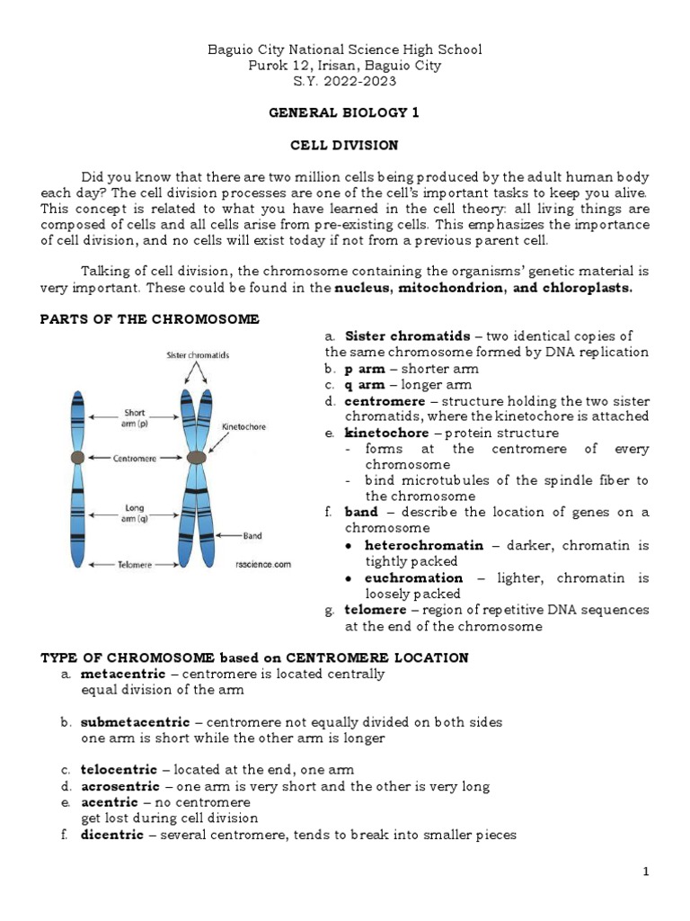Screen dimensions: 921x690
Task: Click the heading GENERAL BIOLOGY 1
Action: coord(344,113)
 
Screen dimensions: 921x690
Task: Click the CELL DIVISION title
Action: coord(344,145)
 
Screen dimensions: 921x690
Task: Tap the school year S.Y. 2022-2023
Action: coord(344,82)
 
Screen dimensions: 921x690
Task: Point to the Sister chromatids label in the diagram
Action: coord(198,355)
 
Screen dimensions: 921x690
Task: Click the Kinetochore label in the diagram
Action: coord(243,427)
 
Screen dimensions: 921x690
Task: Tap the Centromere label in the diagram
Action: coord(135,458)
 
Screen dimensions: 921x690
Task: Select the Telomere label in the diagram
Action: coord(136,565)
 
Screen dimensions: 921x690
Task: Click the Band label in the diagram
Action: coord(252,536)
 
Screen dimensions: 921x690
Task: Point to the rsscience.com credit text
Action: coord(263,565)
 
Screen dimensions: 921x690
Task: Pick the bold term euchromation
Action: coord(413,577)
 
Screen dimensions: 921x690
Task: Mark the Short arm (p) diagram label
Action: coord(135,418)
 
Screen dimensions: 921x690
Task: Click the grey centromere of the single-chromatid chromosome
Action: coord(78,458)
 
